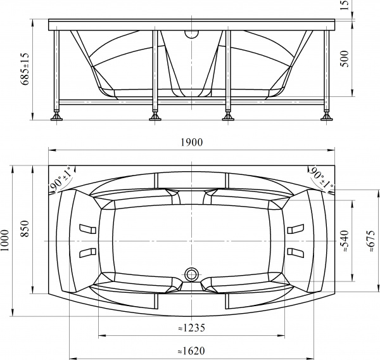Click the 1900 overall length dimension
(191, 143)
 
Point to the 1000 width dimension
(6, 241)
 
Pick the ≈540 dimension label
(346, 241)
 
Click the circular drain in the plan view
(191, 274)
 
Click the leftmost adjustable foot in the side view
(56, 117)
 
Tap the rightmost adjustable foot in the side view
(327, 117)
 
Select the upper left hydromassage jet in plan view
(85, 229)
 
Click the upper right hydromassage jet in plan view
(296, 229)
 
